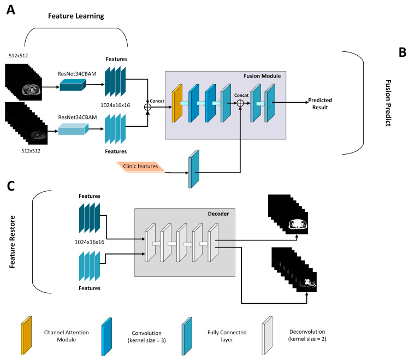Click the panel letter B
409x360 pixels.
[x=401, y=52]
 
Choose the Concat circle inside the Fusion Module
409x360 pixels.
[x=238, y=101]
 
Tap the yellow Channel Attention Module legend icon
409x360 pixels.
[x=25, y=333]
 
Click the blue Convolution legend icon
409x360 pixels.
[x=106, y=333]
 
